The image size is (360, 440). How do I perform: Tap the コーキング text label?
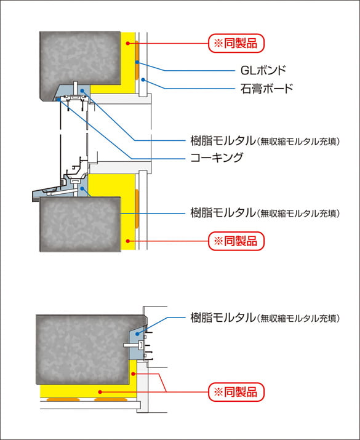[215, 157]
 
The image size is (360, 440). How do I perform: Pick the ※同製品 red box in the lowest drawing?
[236, 391]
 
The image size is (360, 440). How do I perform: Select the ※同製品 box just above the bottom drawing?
[236, 241]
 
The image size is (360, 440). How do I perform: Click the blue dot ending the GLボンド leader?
[137, 63]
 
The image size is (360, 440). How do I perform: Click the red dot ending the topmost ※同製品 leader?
[128, 43]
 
